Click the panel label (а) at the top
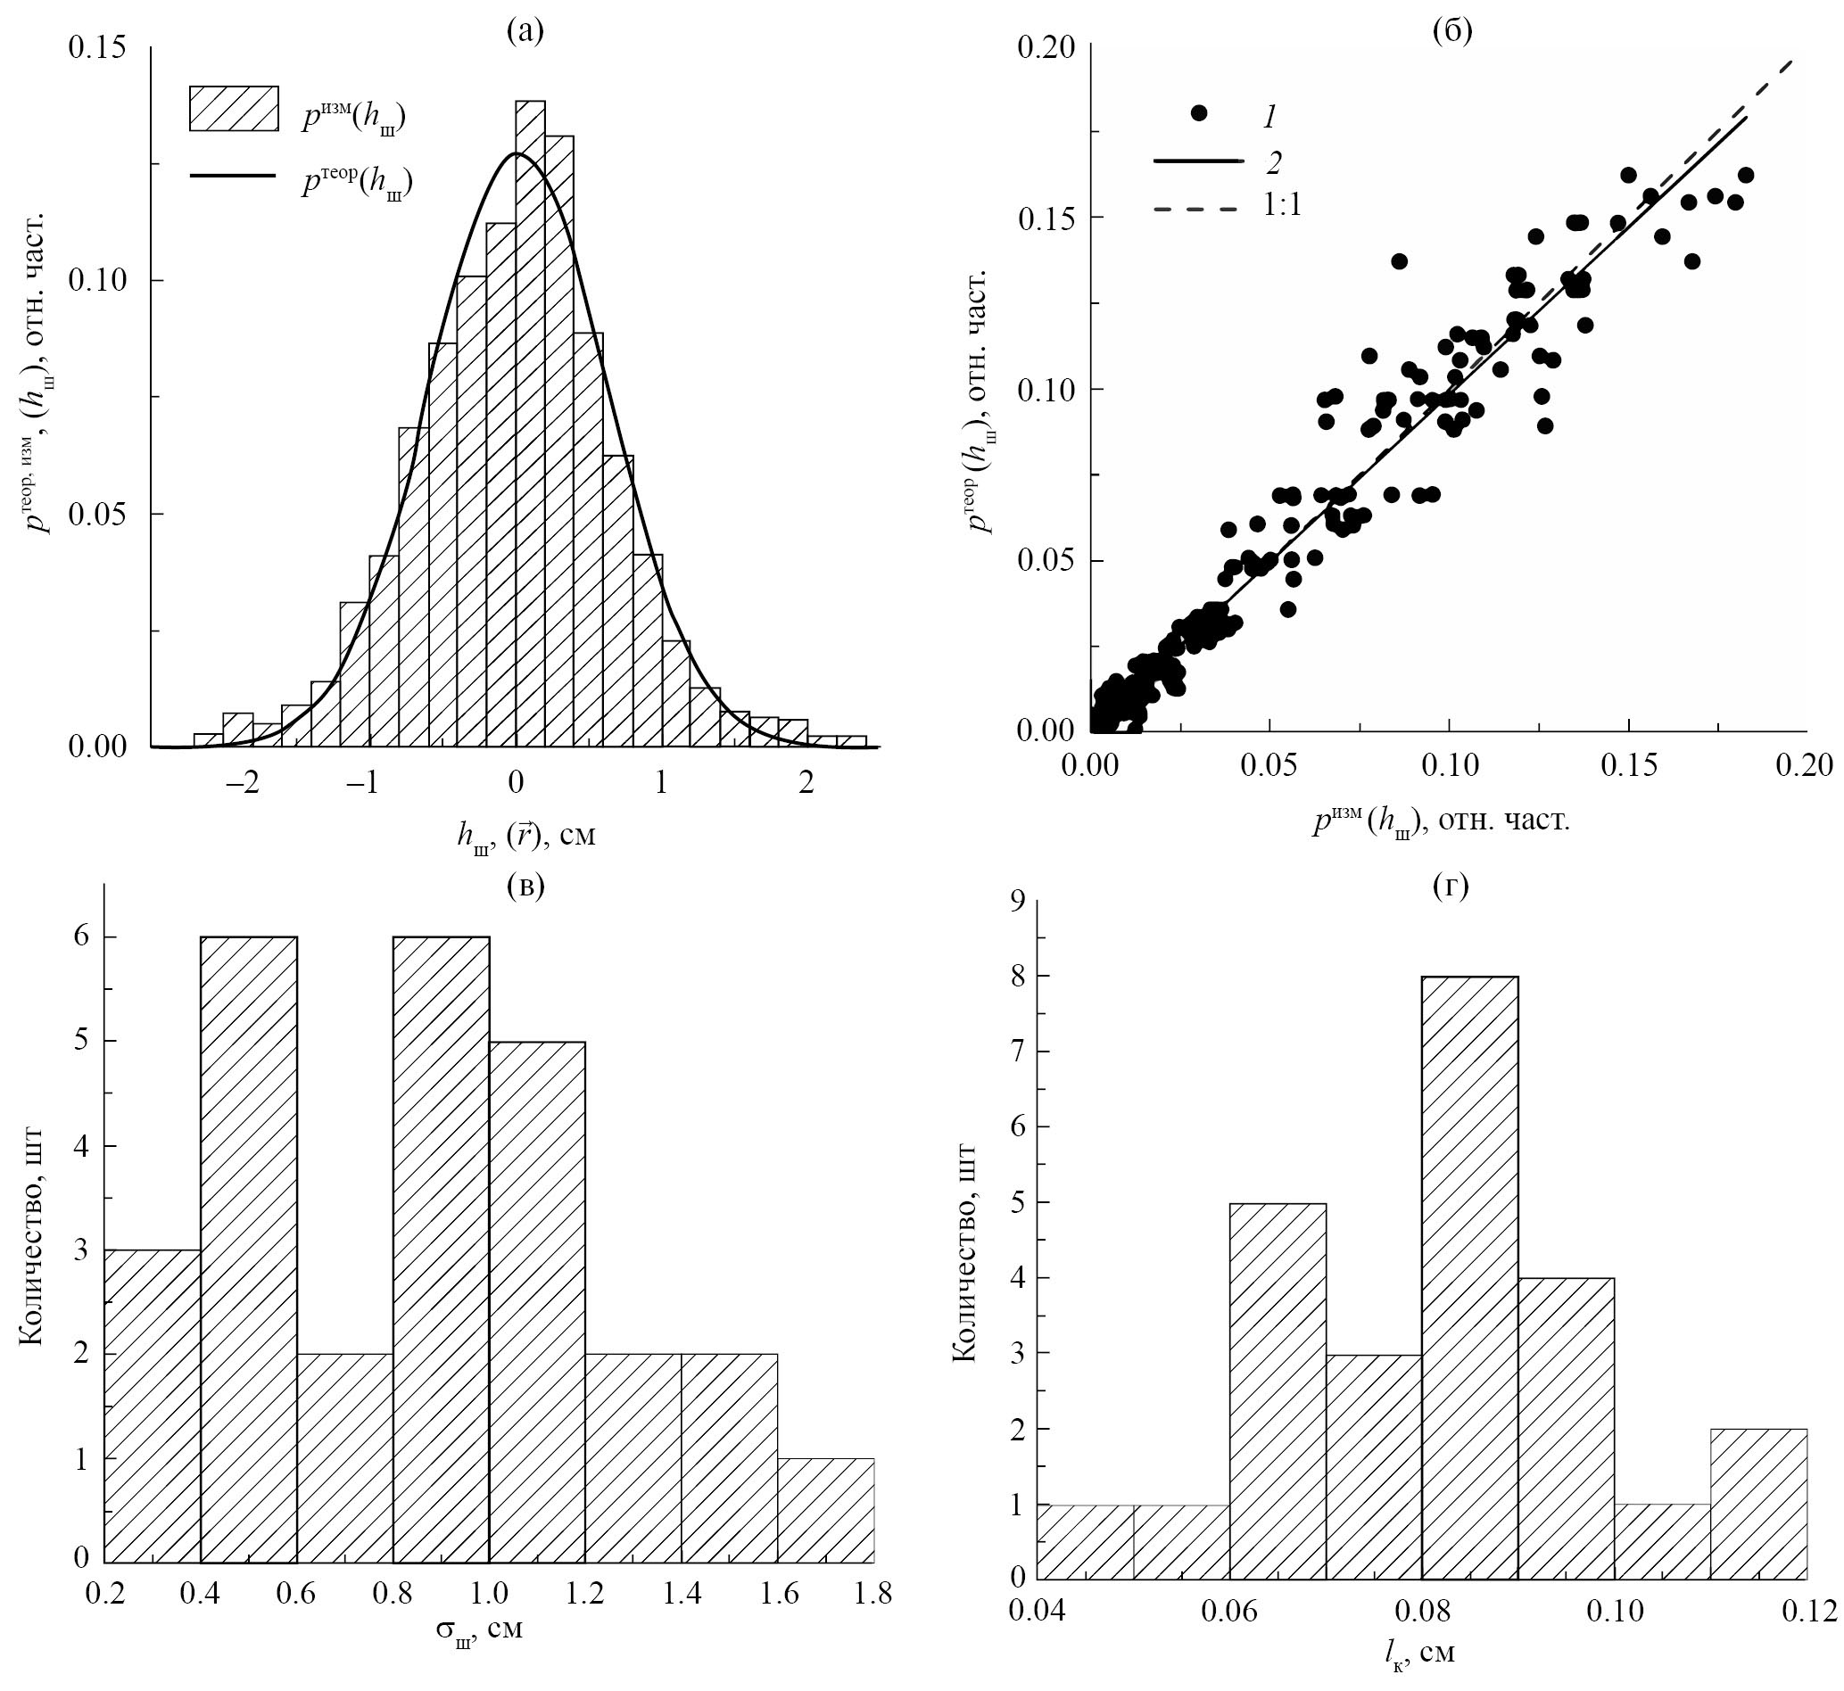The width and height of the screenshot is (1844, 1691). [x=525, y=32]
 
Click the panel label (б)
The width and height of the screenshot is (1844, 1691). [x=1451, y=32]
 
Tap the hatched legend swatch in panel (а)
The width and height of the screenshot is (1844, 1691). [x=234, y=109]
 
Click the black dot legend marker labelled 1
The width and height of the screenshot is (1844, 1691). [x=1199, y=113]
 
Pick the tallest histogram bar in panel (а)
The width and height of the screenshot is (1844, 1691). [x=530, y=421]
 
